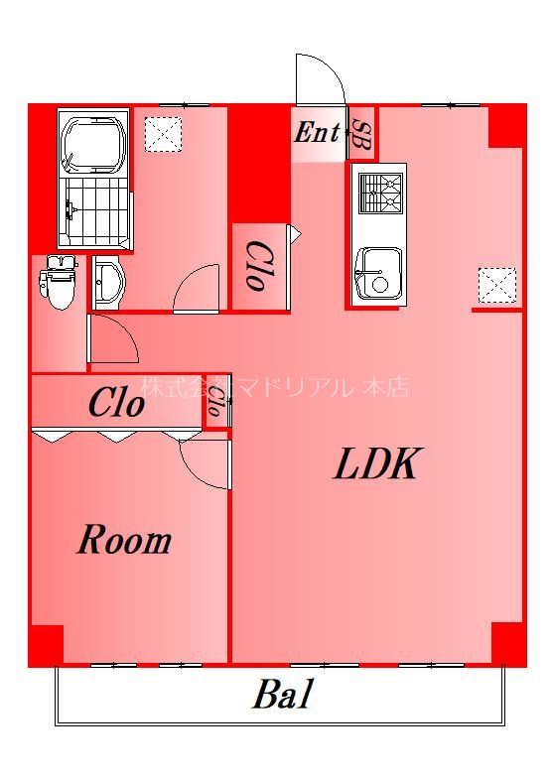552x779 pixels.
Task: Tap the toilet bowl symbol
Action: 60,283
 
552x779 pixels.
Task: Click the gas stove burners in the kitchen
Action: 379,193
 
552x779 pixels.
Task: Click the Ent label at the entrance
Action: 317,132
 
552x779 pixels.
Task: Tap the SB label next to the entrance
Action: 360,132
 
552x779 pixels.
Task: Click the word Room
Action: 124,541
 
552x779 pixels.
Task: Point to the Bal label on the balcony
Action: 282,695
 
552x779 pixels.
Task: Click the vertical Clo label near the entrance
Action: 255,266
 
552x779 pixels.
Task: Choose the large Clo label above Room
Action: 116,404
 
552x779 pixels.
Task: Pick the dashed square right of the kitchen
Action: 497,283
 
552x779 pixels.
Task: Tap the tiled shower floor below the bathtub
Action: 95,210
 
